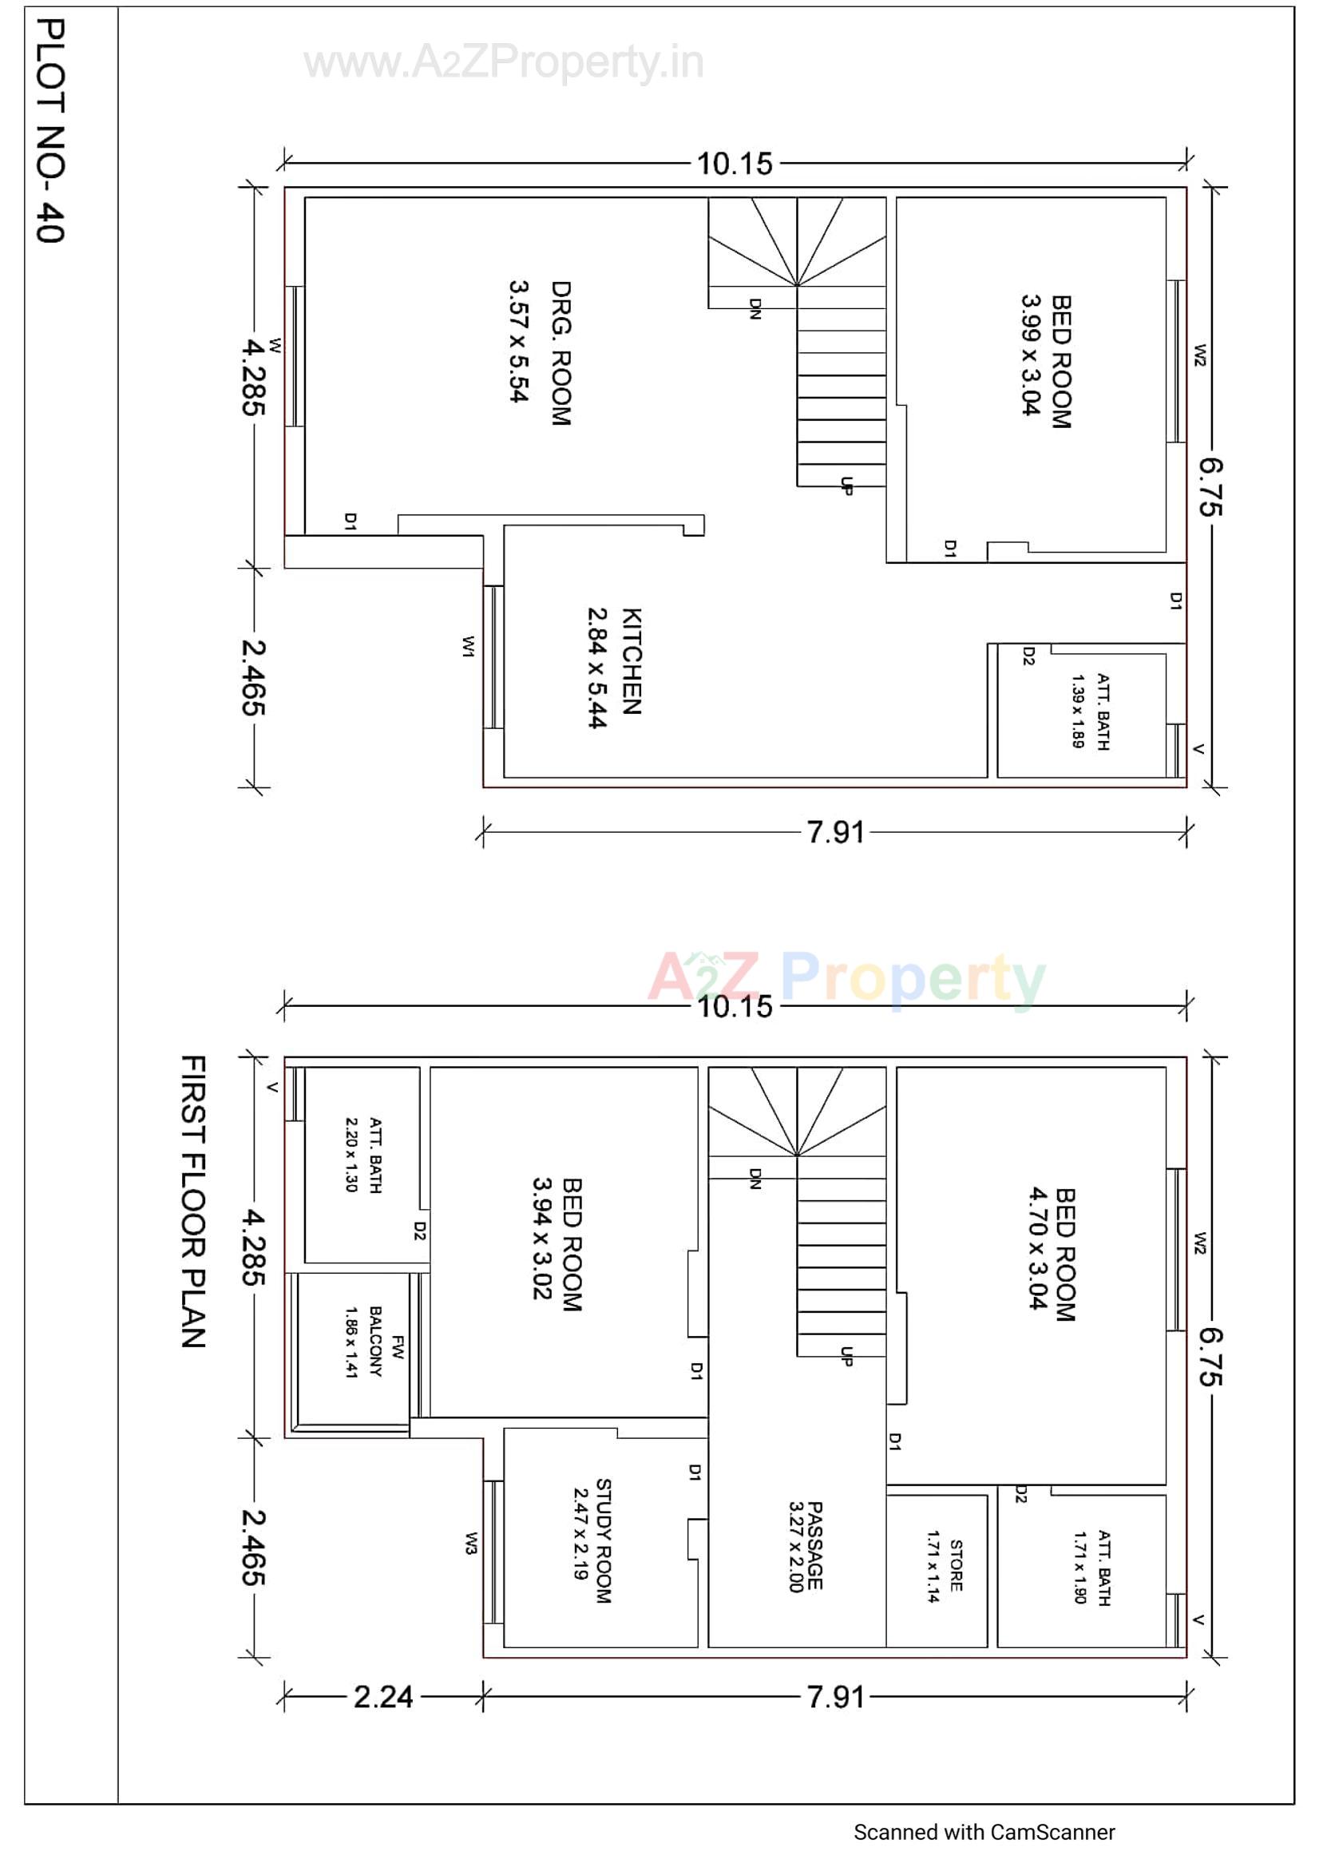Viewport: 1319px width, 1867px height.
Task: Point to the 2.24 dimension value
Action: [x=383, y=1697]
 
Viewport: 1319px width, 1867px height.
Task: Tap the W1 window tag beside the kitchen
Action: [x=468, y=647]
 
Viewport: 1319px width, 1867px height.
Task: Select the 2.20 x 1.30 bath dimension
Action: [x=351, y=1154]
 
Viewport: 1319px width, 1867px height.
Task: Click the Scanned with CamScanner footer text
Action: [x=984, y=1832]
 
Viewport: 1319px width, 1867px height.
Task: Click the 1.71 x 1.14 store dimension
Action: [x=933, y=1566]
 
